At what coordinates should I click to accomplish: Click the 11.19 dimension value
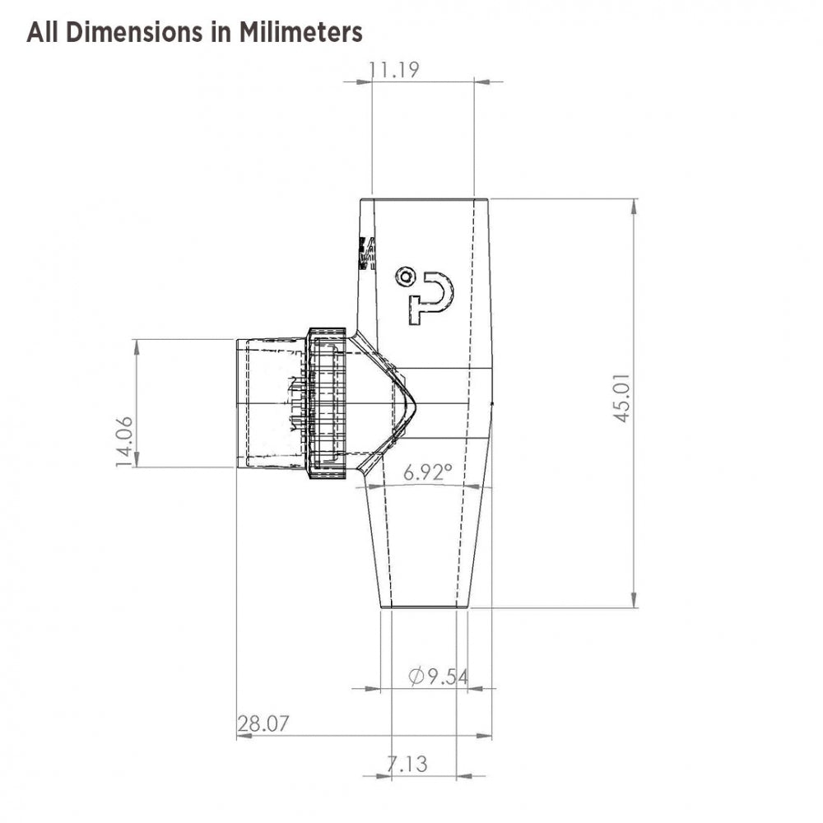pyautogui.click(x=394, y=70)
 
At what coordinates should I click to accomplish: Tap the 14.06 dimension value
pyautogui.click(x=124, y=443)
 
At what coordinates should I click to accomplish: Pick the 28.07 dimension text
pyautogui.click(x=263, y=724)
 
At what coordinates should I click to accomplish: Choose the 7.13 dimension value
pyautogui.click(x=407, y=765)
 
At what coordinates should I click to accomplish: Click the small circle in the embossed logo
pyautogui.click(x=404, y=277)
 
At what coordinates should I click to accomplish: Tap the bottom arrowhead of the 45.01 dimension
pyautogui.click(x=634, y=600)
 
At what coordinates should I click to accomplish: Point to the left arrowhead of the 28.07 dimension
pyautogui.click(x=243, y=736)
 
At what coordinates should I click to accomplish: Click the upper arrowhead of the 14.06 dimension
pyautogui.click(x=137, y=346)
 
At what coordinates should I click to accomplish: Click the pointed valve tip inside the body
pyautogui.click(x=411, y=402)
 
